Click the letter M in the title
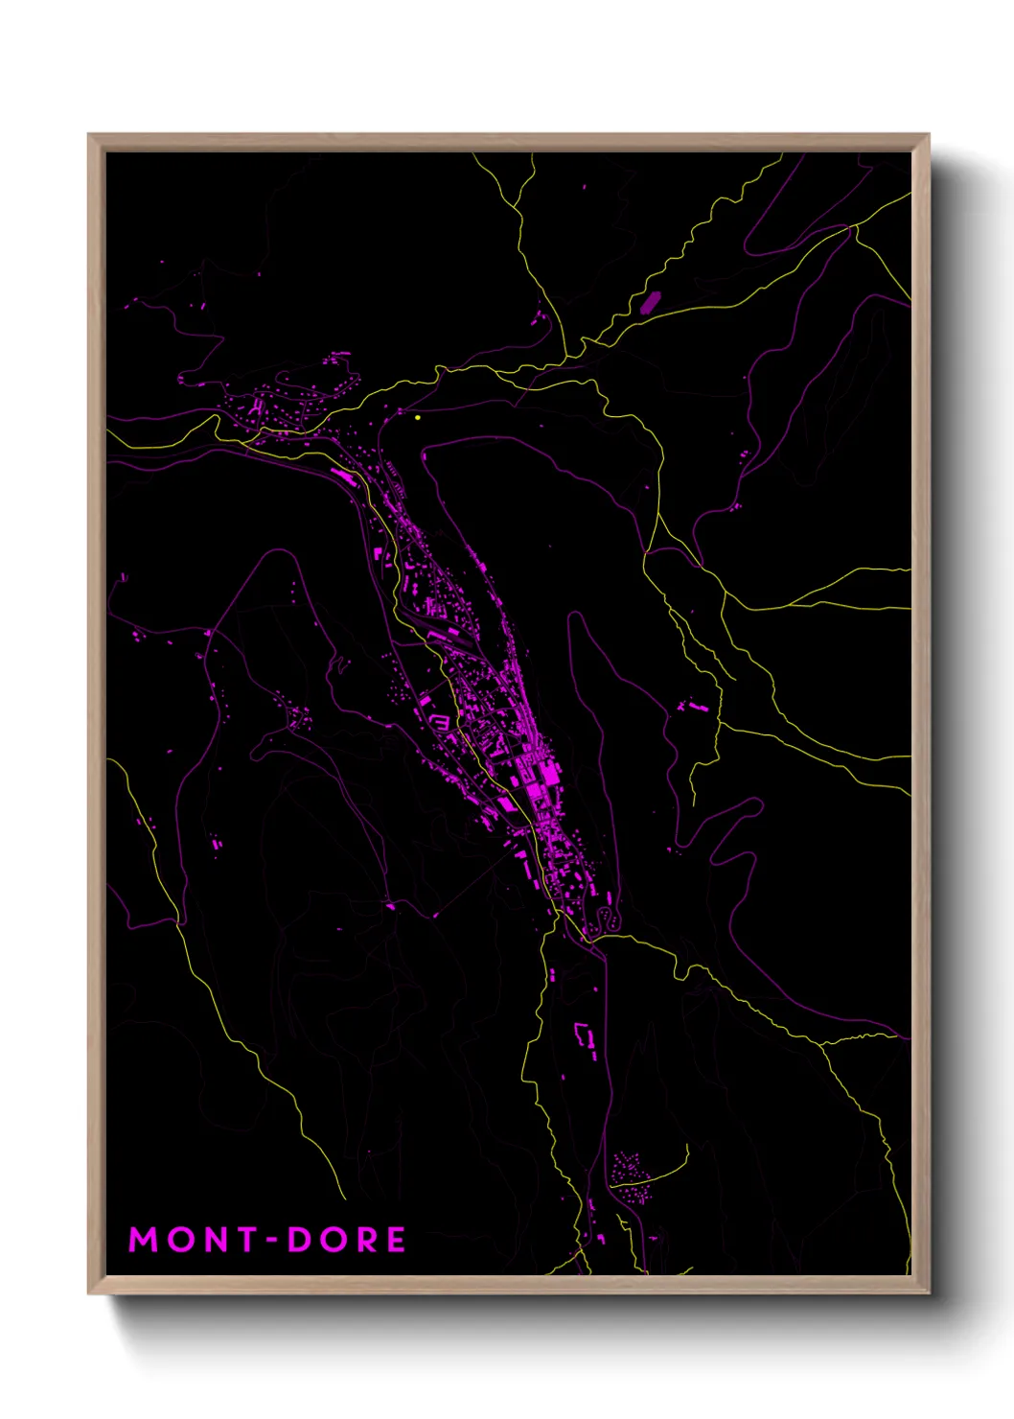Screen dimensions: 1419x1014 click(x=143, y=1240)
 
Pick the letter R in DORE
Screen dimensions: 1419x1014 click(x=366, y=1240)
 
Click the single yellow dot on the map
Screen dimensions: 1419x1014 click(x=418, y=417)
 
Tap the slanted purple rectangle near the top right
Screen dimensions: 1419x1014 click(x=649, y=303)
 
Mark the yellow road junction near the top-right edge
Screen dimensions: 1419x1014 click(x=852, y=227)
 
